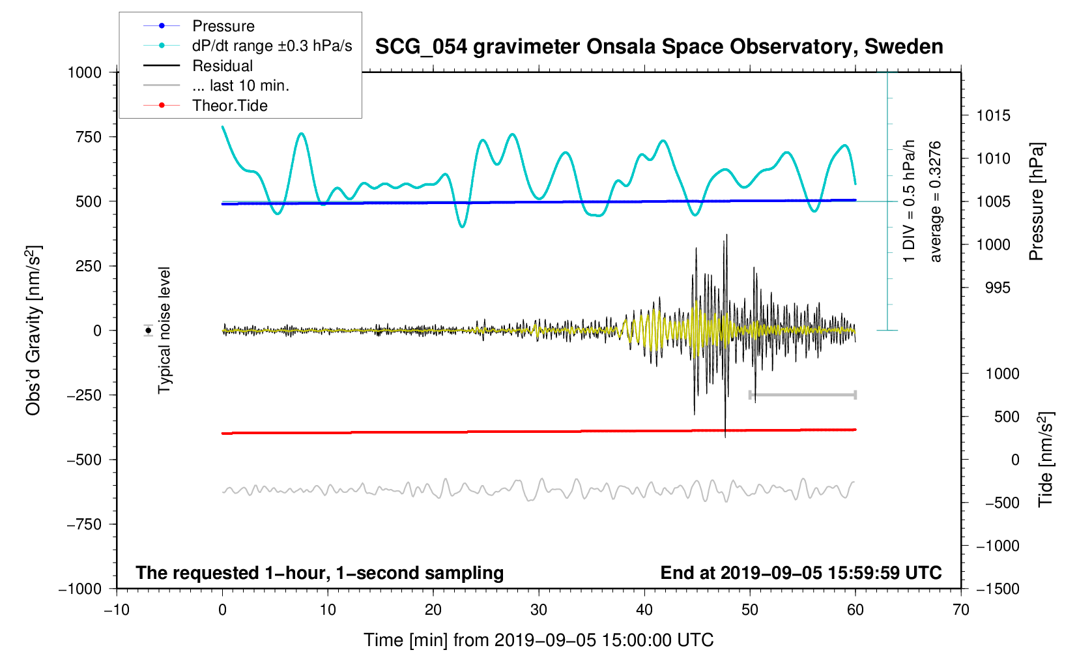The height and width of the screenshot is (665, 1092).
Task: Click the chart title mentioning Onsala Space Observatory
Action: (659, 47)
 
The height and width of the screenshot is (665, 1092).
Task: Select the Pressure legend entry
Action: (223, 26)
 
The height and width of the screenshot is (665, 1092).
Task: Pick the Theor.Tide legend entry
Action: (229, 106)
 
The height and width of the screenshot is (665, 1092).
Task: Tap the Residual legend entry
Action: (222, 66)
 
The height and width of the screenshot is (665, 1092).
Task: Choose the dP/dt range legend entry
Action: (272, 46)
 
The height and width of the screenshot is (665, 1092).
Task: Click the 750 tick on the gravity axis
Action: (89, 137)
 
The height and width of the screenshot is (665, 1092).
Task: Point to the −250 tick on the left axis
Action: (85, 395)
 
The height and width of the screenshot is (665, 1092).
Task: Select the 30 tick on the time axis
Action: (539, 610)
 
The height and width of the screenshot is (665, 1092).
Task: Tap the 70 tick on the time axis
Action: (960, 610)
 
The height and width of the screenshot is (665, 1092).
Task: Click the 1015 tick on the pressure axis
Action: (993, 115)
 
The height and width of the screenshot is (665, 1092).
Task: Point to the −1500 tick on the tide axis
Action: (997, 589)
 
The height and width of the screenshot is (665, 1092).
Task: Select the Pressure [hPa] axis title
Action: (1037, 201)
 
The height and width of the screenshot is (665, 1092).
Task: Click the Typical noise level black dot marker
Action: (149, 331)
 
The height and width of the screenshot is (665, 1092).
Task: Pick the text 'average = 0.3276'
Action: (936, 201)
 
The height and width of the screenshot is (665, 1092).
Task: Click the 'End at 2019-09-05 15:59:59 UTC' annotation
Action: (801, 573)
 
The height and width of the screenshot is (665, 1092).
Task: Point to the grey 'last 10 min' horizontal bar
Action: (802, 395)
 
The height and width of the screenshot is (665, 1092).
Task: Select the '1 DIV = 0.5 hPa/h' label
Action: (909, 201)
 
